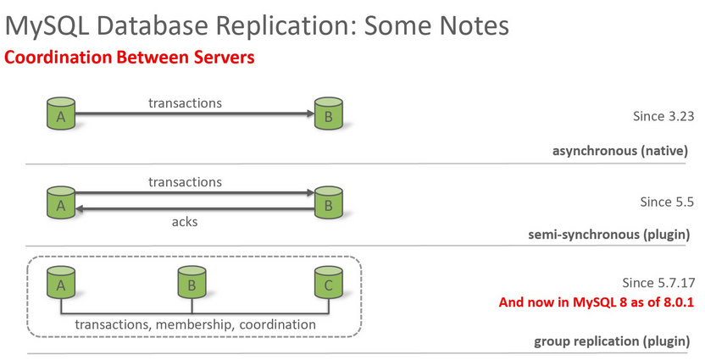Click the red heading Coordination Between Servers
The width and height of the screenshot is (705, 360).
pos(130,58)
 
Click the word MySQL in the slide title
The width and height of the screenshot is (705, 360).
pos(47,27)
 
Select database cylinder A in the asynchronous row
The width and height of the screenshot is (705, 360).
pos(61,114)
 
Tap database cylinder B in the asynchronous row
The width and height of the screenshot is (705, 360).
pos(329,114)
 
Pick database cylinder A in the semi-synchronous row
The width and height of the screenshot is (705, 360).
pos(61,202)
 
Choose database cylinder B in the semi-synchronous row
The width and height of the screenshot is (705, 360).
pos(329,202)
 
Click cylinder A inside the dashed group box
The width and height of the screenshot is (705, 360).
pos(61,282)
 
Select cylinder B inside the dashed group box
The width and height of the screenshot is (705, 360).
pos(192,282)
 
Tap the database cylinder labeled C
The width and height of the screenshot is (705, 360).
pos(329,282)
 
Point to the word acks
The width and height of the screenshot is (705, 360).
pos(185,222)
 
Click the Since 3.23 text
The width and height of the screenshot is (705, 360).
pos(663,116)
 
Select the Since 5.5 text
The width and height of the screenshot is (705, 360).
pos(667,202)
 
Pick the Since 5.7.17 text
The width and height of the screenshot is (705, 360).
pos(658,283)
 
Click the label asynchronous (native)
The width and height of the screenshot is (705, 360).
pos(620,151)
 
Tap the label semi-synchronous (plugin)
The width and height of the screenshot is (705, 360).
pos(608,235)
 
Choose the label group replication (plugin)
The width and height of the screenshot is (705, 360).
pos(612,341)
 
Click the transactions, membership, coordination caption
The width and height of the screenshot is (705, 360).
pos(195,324)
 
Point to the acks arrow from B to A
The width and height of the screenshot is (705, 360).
pos(195,209)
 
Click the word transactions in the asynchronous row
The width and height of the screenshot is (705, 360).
pos(186,103)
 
